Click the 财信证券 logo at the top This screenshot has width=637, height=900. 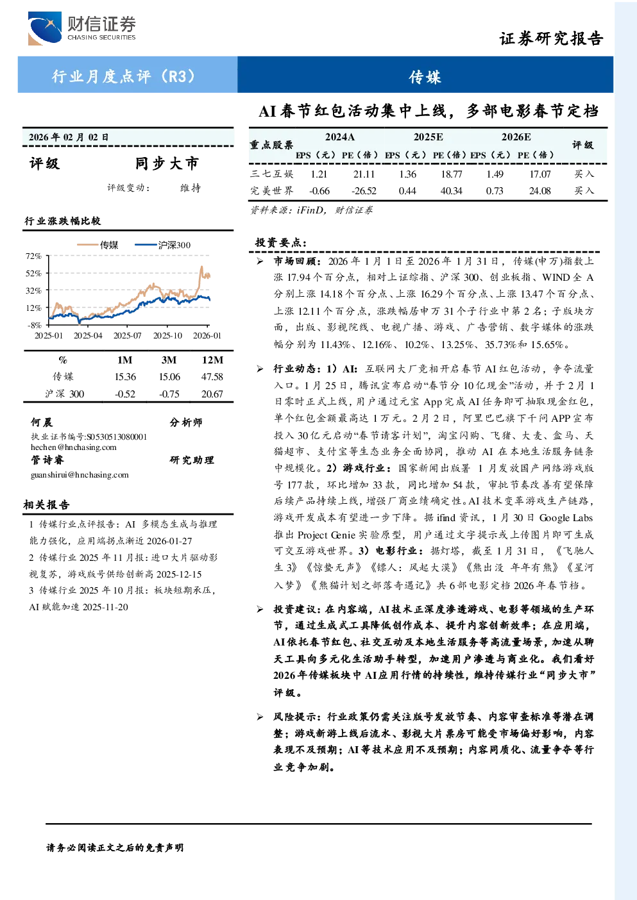click(x=81, y=28)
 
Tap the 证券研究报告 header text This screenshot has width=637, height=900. click(x=551, y=38)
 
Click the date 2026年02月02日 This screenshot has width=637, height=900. click(x=69, y=137)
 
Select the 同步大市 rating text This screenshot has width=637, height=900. click(x=167, y=163)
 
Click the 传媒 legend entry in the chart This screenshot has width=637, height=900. click(x=98, y=245)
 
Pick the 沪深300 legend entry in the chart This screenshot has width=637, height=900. click(x=162, y=245)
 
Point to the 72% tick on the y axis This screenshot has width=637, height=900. click(x=34, y=256)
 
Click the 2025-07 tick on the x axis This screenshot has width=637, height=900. click(x=128, y=335)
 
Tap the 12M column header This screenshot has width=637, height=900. click(x=212, y=360)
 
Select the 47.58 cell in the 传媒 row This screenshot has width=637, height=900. click(x=212, y=377)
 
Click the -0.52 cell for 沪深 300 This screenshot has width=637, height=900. click(x=125, y=394)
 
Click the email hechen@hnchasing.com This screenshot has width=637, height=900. click(x=74, y=447)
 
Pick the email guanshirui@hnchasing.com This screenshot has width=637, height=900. click(x=80, y=475)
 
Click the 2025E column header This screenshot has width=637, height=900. click(x=429, y=137)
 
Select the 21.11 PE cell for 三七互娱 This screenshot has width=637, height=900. click(x=364, y=174)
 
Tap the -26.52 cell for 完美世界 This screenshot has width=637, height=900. click(x=364, y=191)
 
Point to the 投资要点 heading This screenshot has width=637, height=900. click(x=281, y=243)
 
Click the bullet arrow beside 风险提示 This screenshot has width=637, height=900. click(x=260, y=717)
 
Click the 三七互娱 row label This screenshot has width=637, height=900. click(x=272, y=174)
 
